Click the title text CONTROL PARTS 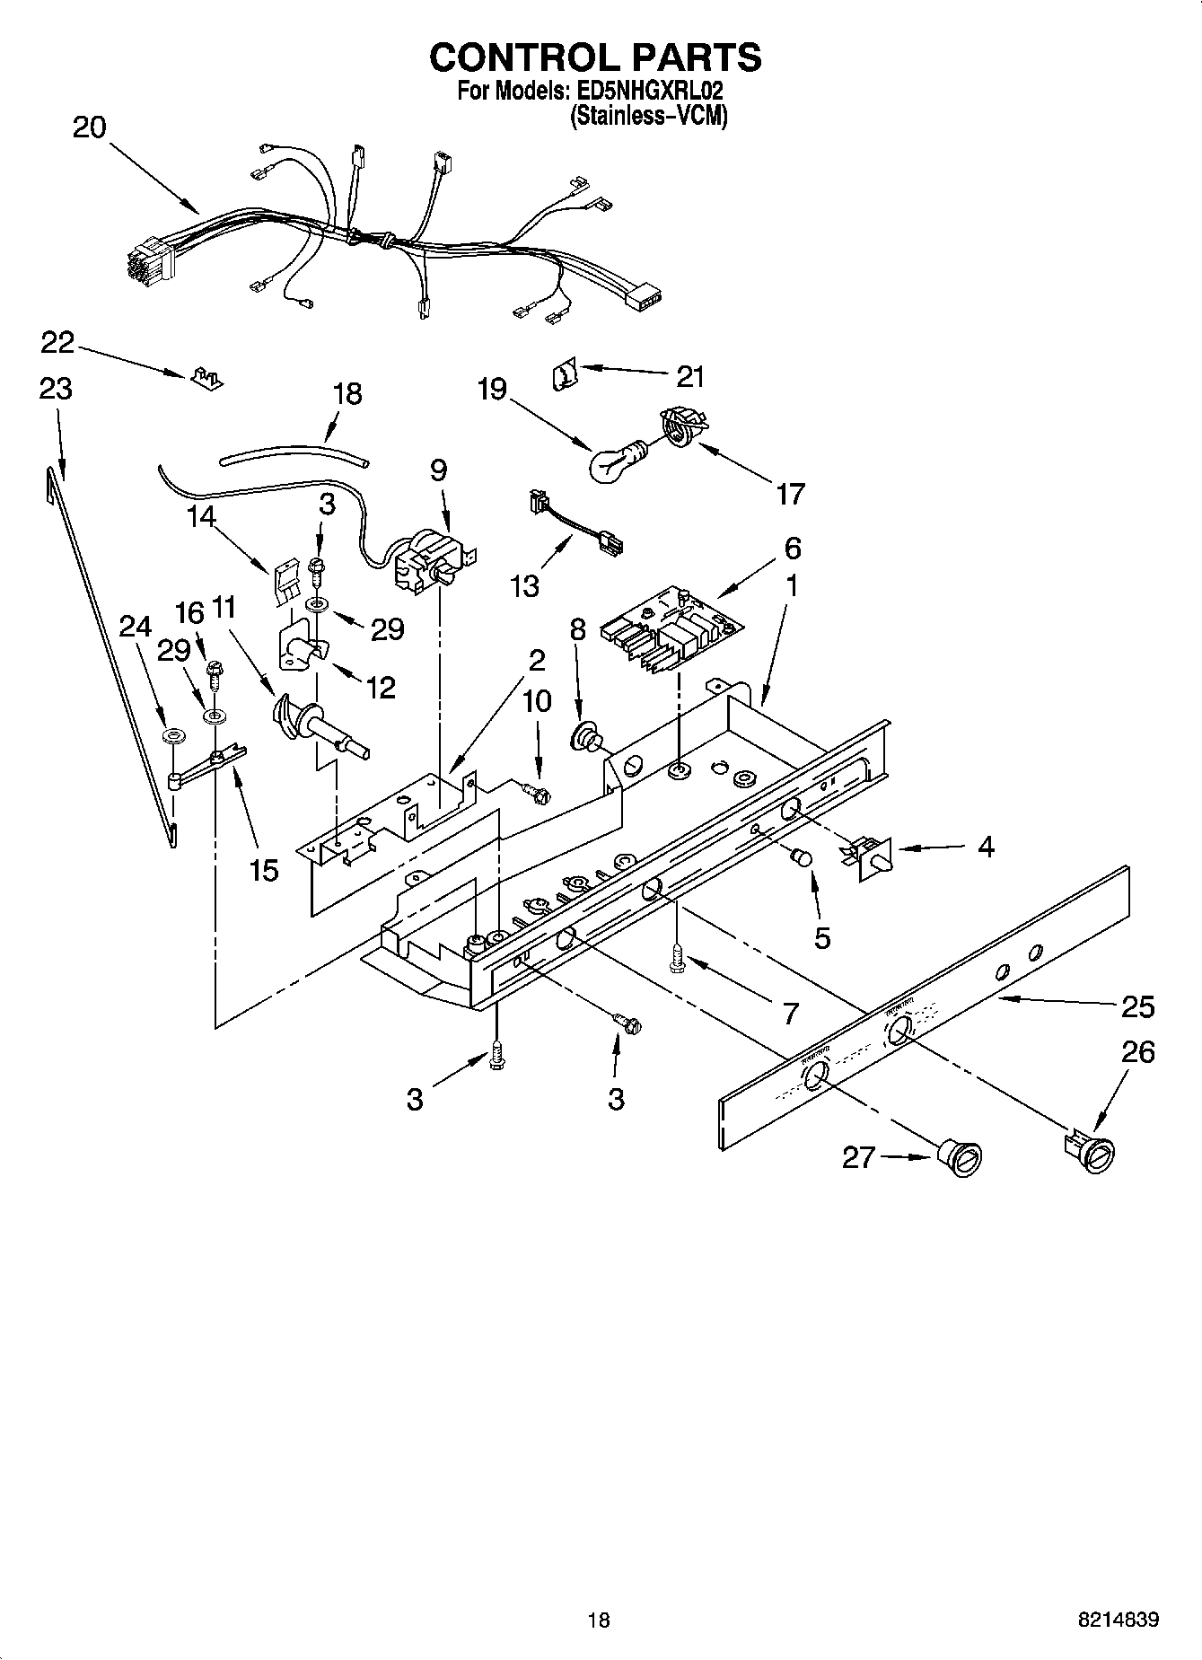(595, 57)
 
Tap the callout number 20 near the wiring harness (89, 127)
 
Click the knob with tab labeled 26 (1092, 1153)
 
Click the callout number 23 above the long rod (56, 389)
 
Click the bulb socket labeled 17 (682, 426)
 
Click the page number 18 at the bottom (599, 1619)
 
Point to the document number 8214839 (1118, 1619)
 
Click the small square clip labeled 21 (562, 373)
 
